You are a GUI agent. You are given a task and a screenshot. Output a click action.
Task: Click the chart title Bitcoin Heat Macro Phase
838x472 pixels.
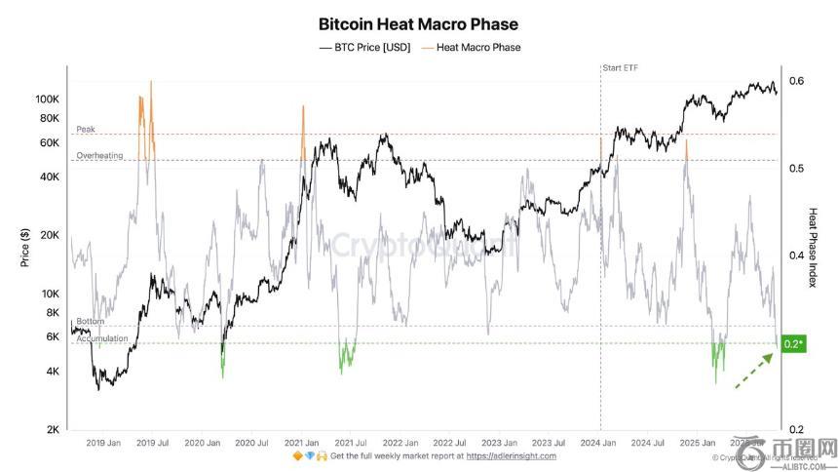point(418,24)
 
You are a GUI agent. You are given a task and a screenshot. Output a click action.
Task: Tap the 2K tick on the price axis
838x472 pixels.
point(53,430)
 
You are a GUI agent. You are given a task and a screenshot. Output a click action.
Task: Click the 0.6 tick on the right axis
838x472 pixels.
point(796,82)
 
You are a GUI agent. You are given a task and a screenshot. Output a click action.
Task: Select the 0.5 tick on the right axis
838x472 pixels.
point(796,169)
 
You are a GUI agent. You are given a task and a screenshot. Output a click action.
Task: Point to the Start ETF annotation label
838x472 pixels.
point(620,67)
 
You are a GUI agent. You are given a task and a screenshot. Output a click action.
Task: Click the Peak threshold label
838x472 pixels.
point(86,129)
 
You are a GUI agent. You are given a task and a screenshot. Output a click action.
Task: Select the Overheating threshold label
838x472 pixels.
point(99,155)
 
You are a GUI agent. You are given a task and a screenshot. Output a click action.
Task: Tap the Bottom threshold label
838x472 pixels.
point(90,321)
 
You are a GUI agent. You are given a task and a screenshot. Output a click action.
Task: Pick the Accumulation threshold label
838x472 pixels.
point(101,338)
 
